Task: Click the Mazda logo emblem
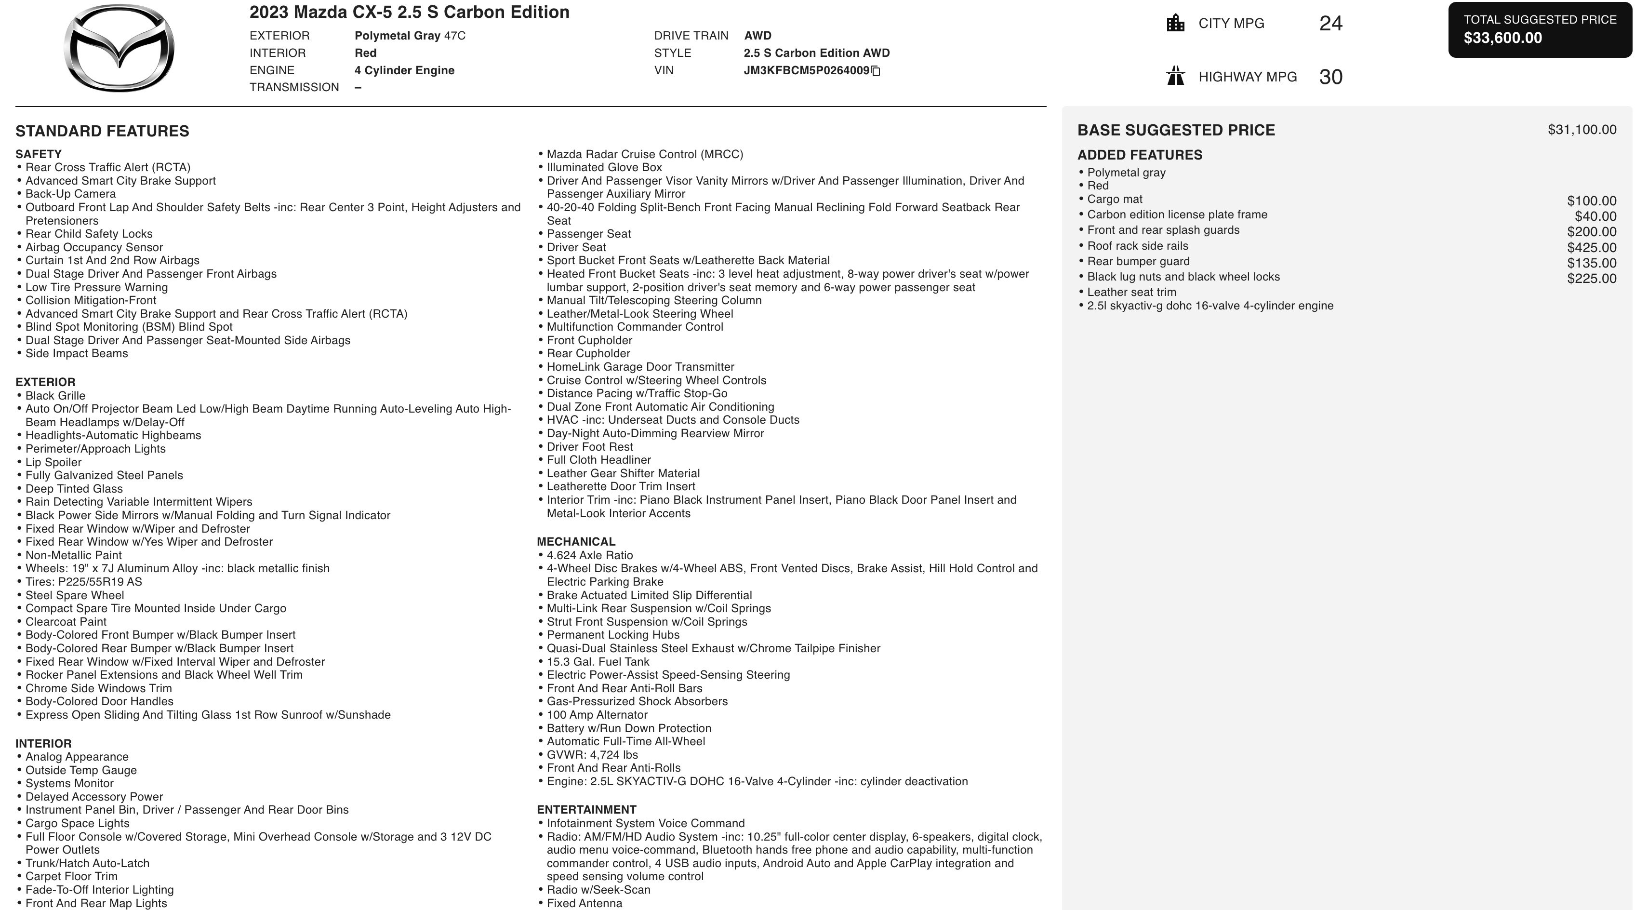click(x=119, y=48)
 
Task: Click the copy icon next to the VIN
click(x=876, y=71)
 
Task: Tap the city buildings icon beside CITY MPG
click(x=1175, y=24)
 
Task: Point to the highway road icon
click(x=1175, y=76)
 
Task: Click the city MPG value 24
click(x=1330, y=24)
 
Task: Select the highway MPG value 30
click(x=1330, y=77)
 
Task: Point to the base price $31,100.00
click(x=1582, y=130)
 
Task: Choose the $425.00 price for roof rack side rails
click(x=1591, y=248)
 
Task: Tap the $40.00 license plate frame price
click(x=1595, y=217)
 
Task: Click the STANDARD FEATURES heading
click(x=102, y=131)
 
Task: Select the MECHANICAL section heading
click(x=576, y=541)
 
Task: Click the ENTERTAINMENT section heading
click(x=586, y=810)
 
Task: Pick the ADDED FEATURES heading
click(x=1140, y=155)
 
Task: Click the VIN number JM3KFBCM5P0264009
click(x=806, y=70)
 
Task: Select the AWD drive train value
click(x=758, y=36)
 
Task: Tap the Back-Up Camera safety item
click(x=70, y=194)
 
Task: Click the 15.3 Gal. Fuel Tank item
click(x=598, y=662)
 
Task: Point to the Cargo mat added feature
click(x=1115, y=200)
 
